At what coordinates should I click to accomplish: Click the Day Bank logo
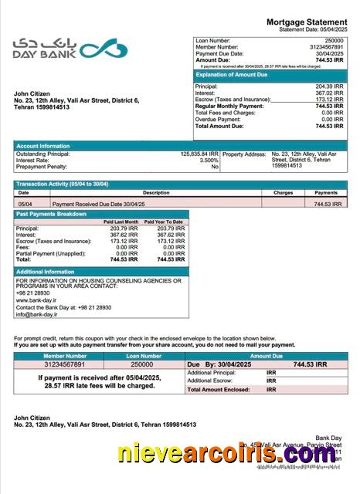tap(70, 51)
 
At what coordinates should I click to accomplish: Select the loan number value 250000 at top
tap(334, 39)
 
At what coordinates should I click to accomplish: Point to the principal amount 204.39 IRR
tap(330, 86)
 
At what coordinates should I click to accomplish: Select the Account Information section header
tap(44, 145)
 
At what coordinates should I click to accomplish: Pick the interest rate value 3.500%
tap(209, 160)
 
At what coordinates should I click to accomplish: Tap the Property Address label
tap(244, 154)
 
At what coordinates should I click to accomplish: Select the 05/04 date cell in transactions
tap(25, 204)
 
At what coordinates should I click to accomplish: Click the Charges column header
tap(283, 192)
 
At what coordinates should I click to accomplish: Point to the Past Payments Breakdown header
tap(52, 213)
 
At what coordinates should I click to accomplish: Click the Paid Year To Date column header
tap(164, 222)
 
